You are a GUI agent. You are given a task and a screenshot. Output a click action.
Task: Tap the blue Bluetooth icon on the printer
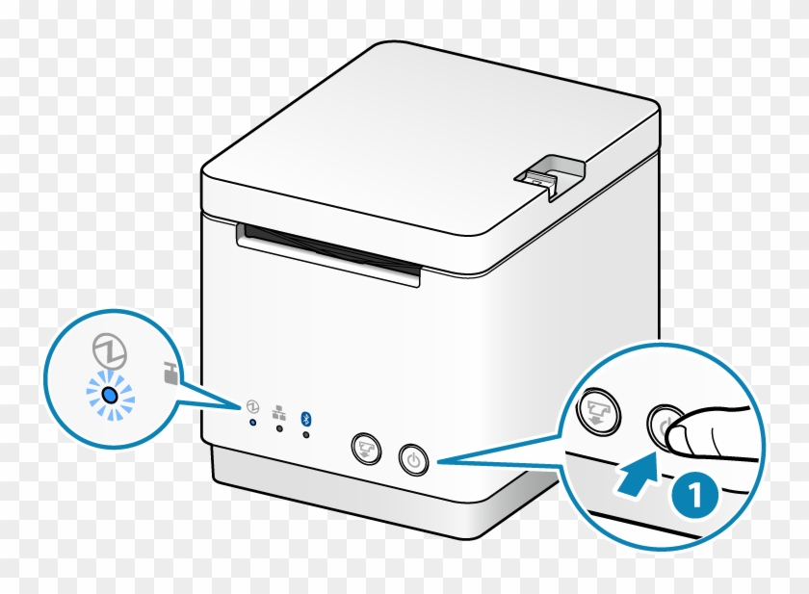pyautogui.click(x=306, y=415)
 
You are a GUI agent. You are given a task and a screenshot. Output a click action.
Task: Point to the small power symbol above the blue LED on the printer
pyautogui.click(x=252, y=406)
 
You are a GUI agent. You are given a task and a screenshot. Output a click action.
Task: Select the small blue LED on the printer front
pyautogui.click(x=253, y=423)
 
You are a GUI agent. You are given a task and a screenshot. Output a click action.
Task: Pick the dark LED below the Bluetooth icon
pyautogui.click(x=306, y=434)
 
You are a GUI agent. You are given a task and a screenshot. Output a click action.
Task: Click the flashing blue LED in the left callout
pyautogui.click(x=110, y=395)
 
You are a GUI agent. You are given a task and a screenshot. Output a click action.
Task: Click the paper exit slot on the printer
pyautogui.click(x=328, y=252)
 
